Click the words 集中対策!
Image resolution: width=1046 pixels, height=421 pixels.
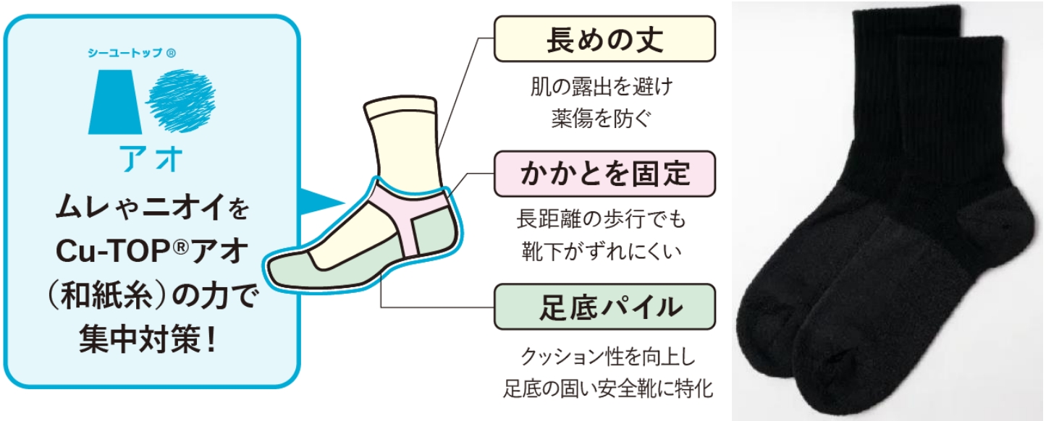click(152, 337)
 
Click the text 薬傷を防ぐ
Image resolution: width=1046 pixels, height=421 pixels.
click(603, 117)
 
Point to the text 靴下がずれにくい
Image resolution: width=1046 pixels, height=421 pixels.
click(603, 251)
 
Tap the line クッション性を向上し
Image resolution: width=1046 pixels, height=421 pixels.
click(603, 357)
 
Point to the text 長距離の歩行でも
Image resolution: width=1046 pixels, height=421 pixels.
click(603, 220)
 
